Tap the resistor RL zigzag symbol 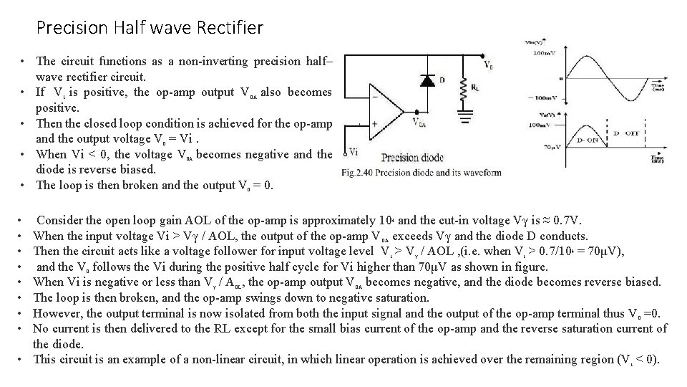(464, 90)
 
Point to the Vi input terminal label (354, 153)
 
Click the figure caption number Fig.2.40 (358, 173)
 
